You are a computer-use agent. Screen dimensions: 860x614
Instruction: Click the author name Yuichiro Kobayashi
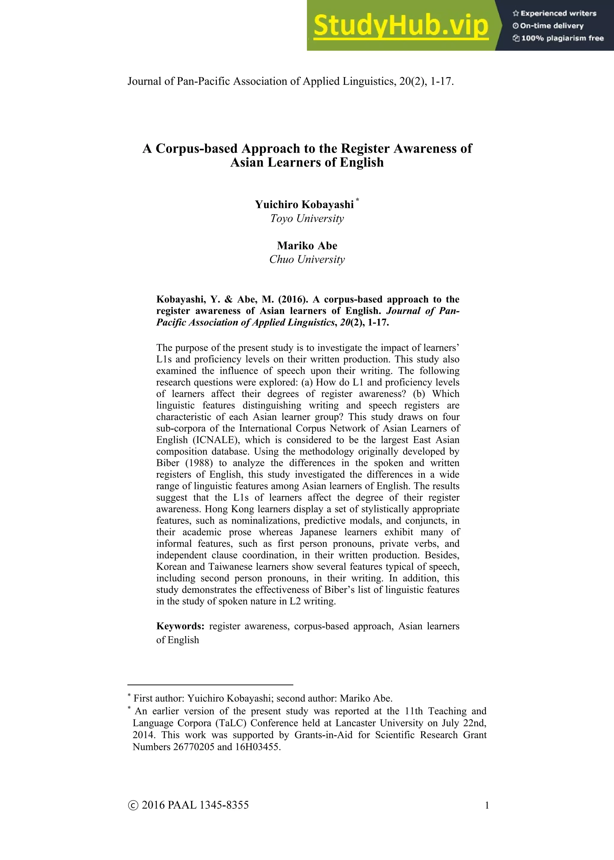click(x=304, y=205)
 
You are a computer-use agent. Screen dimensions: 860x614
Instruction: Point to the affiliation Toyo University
click(x=307, y=219)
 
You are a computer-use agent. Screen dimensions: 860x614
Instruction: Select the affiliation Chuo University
click(x=307, y=259)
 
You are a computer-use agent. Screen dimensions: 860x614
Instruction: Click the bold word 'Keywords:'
click(x=180, y=626)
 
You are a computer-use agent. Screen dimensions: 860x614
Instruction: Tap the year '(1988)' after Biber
click(x=199, y=463)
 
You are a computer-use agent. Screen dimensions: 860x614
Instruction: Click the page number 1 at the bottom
click(x=487, y=805)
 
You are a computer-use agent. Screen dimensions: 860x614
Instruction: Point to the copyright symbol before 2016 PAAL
click(x=133, y=805)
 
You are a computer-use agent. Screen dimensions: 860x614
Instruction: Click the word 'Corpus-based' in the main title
click(x=197, y=148)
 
